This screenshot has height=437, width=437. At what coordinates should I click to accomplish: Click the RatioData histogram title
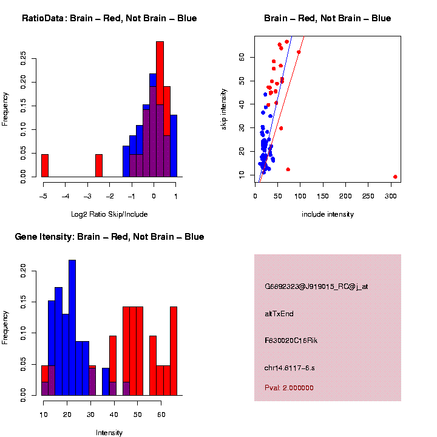coord(109,19)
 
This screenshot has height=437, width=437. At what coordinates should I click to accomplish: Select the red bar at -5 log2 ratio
coord(45,166)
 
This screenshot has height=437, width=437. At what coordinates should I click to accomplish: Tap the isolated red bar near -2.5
coord(99,166)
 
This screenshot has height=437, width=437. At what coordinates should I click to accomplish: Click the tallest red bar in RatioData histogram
coord(160,109)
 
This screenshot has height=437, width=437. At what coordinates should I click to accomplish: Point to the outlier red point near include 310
coord(395,177)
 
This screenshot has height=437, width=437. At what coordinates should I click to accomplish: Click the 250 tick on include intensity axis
coord(368,196)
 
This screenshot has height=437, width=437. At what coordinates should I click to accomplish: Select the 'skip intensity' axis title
coord(224,108)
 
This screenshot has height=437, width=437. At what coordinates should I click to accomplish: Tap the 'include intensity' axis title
coord(328,214)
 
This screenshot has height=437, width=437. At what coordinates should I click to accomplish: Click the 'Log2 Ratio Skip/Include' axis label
coord(109,214)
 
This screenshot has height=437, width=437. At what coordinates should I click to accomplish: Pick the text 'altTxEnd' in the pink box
coord(279,314)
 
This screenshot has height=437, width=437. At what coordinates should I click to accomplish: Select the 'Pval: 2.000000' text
coord(289,388)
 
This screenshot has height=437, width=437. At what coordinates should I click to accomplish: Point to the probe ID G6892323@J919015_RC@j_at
coord(316,286)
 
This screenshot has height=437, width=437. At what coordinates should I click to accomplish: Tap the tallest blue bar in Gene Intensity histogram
coord(72,328)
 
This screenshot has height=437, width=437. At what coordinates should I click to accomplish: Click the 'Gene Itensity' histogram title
coord(109,237)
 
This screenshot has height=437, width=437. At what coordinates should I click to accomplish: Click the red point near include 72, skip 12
coord(288,169)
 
